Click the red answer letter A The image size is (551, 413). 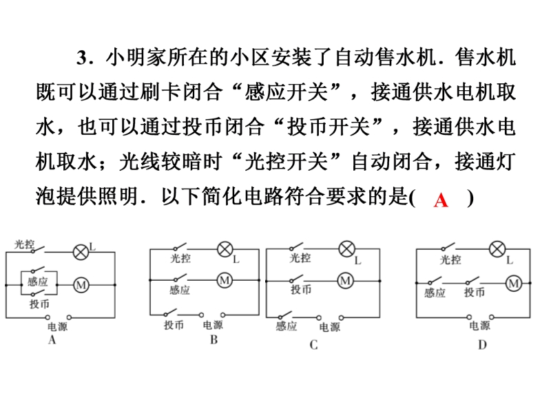tap(441, 200)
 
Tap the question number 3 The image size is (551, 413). tap(81, 58)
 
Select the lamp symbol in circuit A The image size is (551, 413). tap(81, 252)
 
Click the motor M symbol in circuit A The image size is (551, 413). tap(81, 285)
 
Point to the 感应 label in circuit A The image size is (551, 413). tap(37, 282)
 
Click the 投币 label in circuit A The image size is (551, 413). tap(39, 304)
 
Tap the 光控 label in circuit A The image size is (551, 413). tap(24, 244)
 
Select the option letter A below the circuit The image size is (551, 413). tap(52, 340)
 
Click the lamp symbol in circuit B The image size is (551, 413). tap(225, 249)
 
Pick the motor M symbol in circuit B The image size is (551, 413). tap(225, 280)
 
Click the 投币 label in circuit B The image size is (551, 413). tap(174, 325)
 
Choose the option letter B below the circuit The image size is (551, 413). tap(214, 340)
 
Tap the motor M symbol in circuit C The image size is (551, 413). tap(346, 281)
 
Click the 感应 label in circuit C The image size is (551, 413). tap(286, 326)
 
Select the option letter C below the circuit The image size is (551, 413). tap(314, 346)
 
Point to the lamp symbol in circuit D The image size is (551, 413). tap(497, 249)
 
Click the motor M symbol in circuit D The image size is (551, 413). tap(514, 284)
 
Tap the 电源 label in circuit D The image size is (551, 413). tap(479, 326)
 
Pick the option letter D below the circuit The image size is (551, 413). tap(483, 346)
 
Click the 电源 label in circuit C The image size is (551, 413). tap(330, 328)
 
